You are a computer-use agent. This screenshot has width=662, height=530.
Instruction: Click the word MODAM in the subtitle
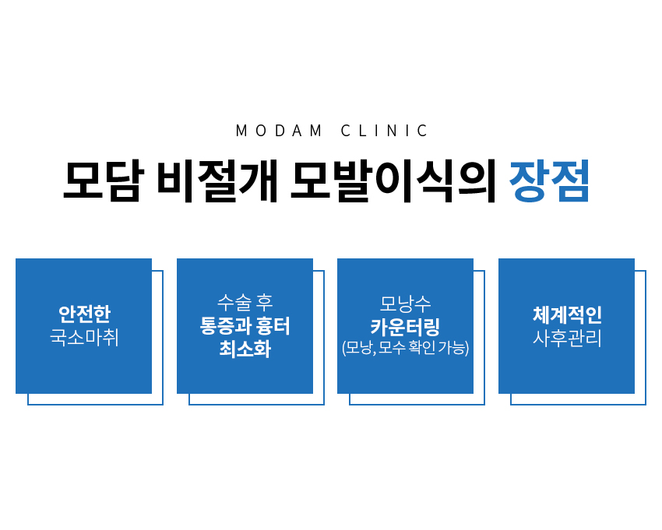(x=279, y=131)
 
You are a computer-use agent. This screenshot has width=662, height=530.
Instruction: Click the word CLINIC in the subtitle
(x=384, y=131)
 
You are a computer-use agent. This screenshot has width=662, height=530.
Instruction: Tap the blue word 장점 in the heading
(x=549, y=181)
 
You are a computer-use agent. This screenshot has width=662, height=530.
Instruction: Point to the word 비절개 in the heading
(x=217, y=181)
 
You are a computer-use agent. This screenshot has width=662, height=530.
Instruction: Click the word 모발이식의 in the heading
(x=393, y=181)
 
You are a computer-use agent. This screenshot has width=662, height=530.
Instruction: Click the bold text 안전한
(x=84, y=314)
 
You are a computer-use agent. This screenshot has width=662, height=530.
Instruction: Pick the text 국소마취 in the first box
(x=84, y=338)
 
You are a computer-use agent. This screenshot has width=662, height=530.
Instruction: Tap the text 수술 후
(x=245, y=303)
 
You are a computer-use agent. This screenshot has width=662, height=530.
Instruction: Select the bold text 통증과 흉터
(x=245, y=326)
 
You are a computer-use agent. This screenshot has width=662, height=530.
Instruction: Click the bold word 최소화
(x=245, y=349)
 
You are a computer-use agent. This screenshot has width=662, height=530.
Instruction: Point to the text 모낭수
(x=405, y=304)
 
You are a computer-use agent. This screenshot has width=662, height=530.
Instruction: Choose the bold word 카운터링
(x=405, y=327)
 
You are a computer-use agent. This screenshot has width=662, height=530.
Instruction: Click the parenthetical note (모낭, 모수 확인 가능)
(x=405, y=348)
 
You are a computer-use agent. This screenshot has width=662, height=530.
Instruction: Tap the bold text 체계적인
(x=567, y=314)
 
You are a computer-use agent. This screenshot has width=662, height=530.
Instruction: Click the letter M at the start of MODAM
(x=241, y=131)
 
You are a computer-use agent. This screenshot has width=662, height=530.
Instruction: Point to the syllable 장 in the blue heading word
(x=528, y=181)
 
